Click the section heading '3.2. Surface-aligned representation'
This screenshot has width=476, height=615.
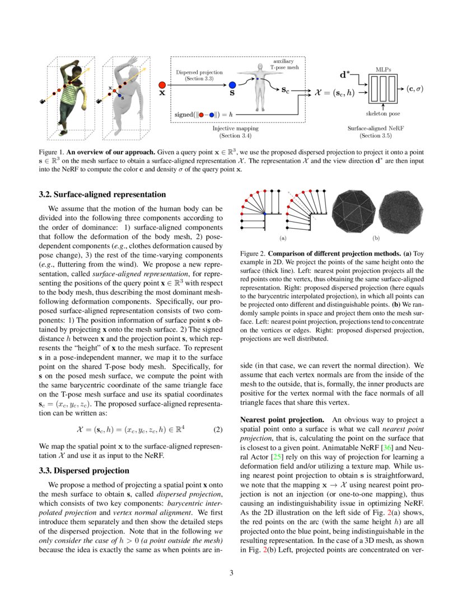pos(102,195)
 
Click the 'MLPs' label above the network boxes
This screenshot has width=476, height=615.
pos(383,70)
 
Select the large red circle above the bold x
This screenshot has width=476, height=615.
pos(162,84)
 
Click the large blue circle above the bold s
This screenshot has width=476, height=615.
pos(232,85)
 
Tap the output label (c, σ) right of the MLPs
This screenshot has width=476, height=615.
pos(414,88)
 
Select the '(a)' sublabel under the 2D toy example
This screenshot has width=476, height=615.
pos(282,238)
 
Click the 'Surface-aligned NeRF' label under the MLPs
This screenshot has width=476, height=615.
pos(370,128)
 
